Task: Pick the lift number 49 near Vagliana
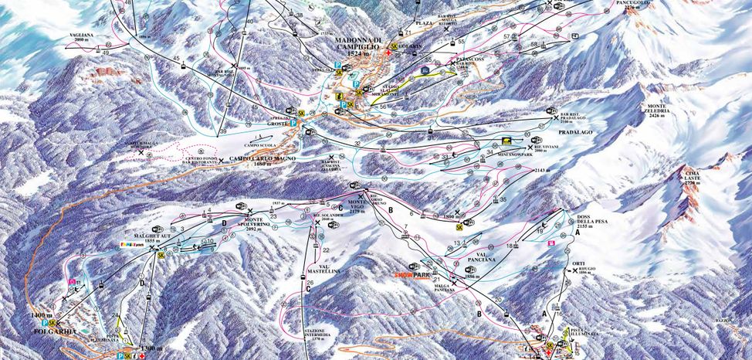click(x=104, y=53)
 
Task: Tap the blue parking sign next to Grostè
click(x=293, y=123)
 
